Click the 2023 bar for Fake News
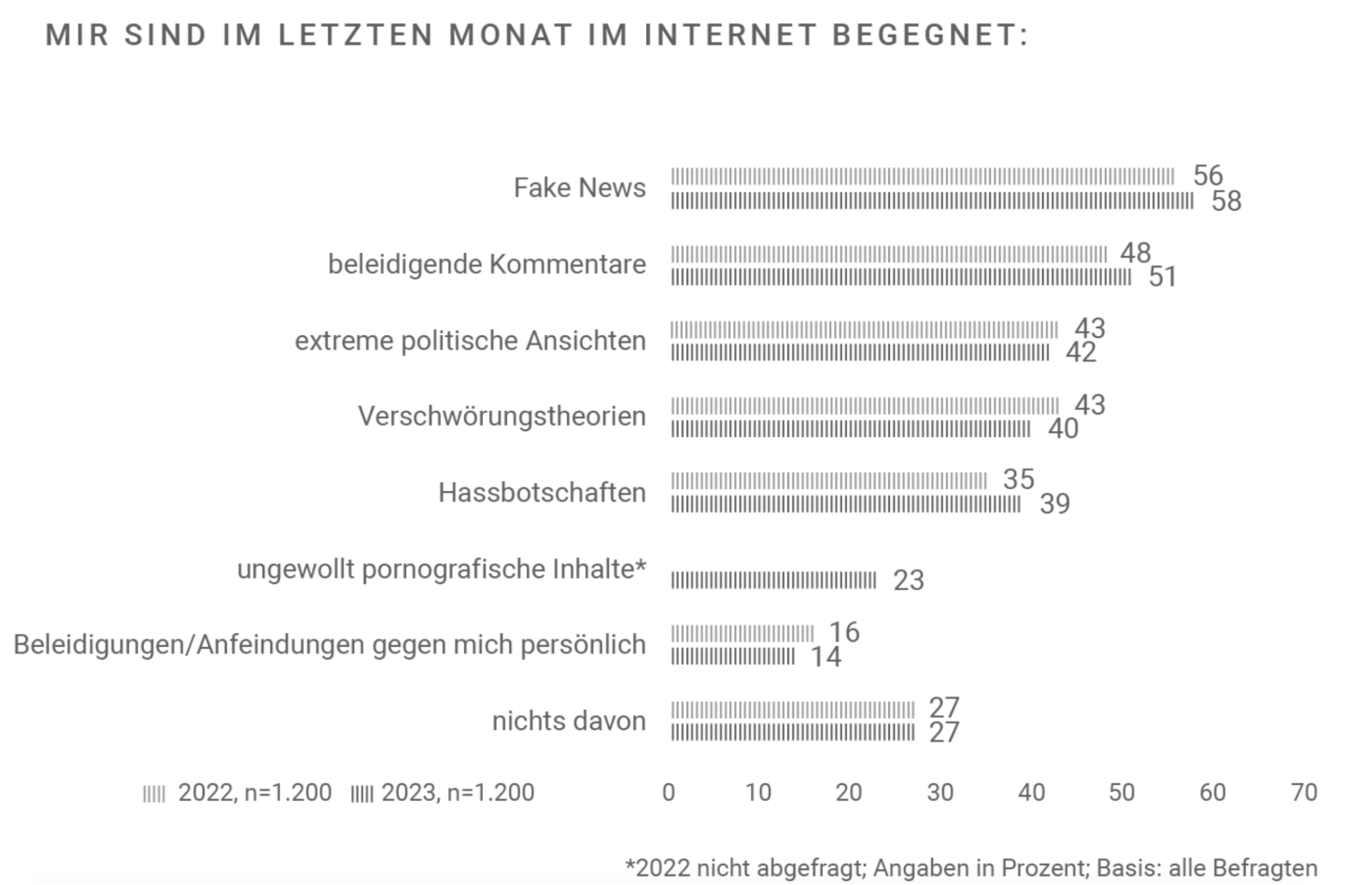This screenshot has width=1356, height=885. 931,201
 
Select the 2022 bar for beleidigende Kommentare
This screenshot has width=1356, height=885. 888,254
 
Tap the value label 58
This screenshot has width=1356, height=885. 1225,201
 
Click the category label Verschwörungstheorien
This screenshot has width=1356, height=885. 501,415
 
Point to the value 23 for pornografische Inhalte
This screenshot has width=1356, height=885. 908,581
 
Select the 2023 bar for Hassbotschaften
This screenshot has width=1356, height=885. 846,504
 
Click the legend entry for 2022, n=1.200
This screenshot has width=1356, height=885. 238,793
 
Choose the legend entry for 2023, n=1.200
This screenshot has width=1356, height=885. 443,793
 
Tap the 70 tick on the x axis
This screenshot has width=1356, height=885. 1303,793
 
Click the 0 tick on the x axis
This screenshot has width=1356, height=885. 669,793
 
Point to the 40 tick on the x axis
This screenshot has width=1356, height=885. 1031,793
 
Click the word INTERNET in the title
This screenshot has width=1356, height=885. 730,35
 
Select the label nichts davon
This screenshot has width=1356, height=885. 569,721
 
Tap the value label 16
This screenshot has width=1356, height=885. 844,632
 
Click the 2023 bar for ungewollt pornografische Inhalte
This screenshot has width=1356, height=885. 773,581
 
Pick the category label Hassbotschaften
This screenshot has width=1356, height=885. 542,492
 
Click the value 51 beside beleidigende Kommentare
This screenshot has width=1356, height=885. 1162,277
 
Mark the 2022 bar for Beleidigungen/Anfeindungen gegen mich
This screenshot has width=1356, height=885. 742,634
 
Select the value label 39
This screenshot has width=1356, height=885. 1054,504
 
